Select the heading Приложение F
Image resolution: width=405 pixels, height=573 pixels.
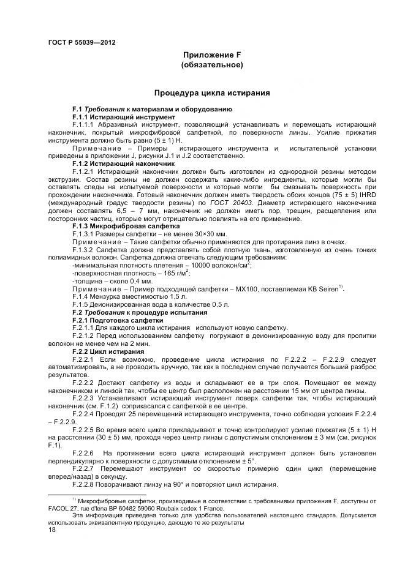[213, 54]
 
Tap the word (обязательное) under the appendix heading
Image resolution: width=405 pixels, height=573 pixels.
[213, 64]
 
